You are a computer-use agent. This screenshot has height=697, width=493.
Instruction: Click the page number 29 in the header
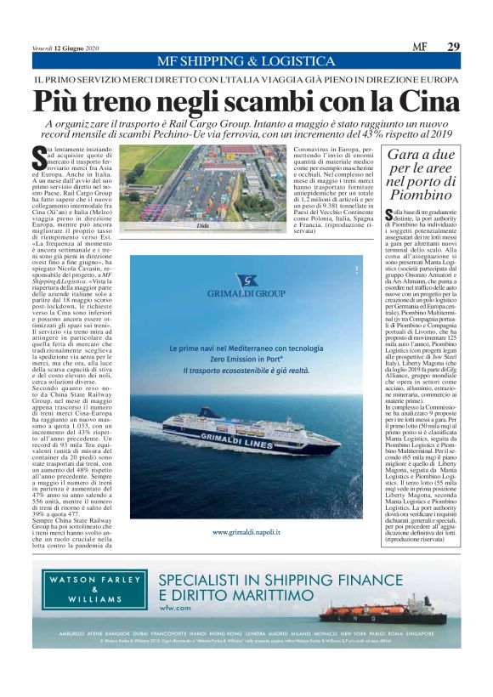(453, 46)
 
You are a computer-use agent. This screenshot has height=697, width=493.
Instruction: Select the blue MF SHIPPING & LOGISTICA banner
(246, 61)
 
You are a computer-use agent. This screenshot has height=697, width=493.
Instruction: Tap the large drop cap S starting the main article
(39, 156)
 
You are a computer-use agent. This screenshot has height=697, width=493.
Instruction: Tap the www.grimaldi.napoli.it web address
(247, 532)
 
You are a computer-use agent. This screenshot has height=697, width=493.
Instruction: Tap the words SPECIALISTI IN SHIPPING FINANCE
(280, 580)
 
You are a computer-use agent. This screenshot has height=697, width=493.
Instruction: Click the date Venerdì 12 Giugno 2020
(64, 47)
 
